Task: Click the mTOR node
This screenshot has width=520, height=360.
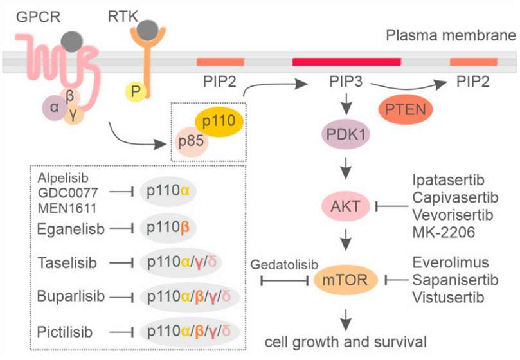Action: tap(347, 280)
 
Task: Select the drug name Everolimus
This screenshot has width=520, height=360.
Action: tap(450, 263)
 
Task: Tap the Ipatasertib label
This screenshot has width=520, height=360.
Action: tap(449, 179)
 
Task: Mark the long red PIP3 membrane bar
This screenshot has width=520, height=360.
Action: tap(346, 62)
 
